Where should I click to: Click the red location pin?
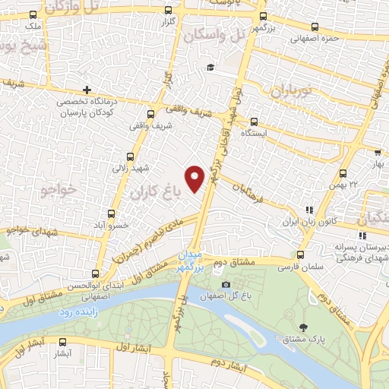click(196, 176)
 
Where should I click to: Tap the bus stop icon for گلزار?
click(168, 11)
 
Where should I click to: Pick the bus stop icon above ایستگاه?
click(254, 121)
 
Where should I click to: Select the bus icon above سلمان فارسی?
click(301, 255)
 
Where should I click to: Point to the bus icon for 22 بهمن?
click(343, 173)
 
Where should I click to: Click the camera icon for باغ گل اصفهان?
click(226, 285)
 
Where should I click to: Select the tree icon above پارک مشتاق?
click(304, 326)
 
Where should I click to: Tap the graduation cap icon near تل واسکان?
click(210, 68)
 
